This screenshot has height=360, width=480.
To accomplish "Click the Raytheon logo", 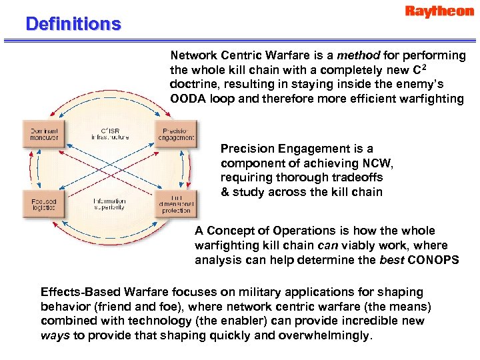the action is (x=439, y=13).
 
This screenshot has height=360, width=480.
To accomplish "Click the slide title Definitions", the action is (x=73, y=25).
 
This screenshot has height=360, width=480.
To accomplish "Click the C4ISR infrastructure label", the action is (x=110, y=133).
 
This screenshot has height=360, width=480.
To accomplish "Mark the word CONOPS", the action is (x=433, y=260).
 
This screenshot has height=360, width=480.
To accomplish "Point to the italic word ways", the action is (x=55, y=336).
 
